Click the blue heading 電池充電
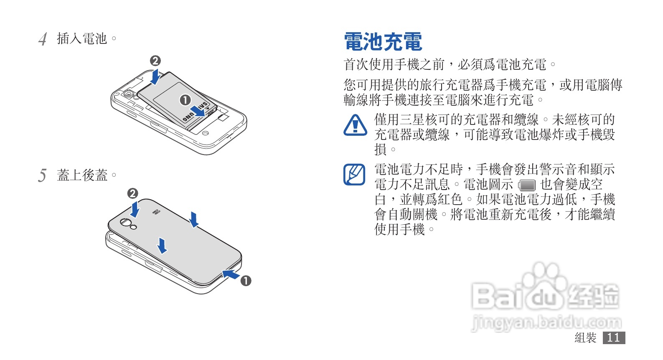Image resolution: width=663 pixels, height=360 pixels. click(383, 42)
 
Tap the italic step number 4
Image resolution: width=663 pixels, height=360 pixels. click(42, 39)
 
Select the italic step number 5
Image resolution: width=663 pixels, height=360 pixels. click(42, 175)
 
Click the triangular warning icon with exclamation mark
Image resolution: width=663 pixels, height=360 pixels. click(355, 125)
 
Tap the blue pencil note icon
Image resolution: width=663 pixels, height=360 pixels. click(354, 175)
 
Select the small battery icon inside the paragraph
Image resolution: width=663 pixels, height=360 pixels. click(527, 185)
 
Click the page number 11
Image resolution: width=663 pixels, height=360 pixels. click(614, 337)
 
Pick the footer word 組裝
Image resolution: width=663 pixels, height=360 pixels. click(585, 337)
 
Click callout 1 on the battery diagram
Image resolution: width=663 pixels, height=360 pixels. click(185, 100)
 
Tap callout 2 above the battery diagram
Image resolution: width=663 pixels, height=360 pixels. click(155, 61)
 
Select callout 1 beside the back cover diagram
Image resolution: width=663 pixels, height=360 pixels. click(246, 281)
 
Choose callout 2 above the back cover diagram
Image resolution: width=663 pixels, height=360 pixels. click(132, 193)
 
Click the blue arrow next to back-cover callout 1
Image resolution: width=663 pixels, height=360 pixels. click(231, 274)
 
